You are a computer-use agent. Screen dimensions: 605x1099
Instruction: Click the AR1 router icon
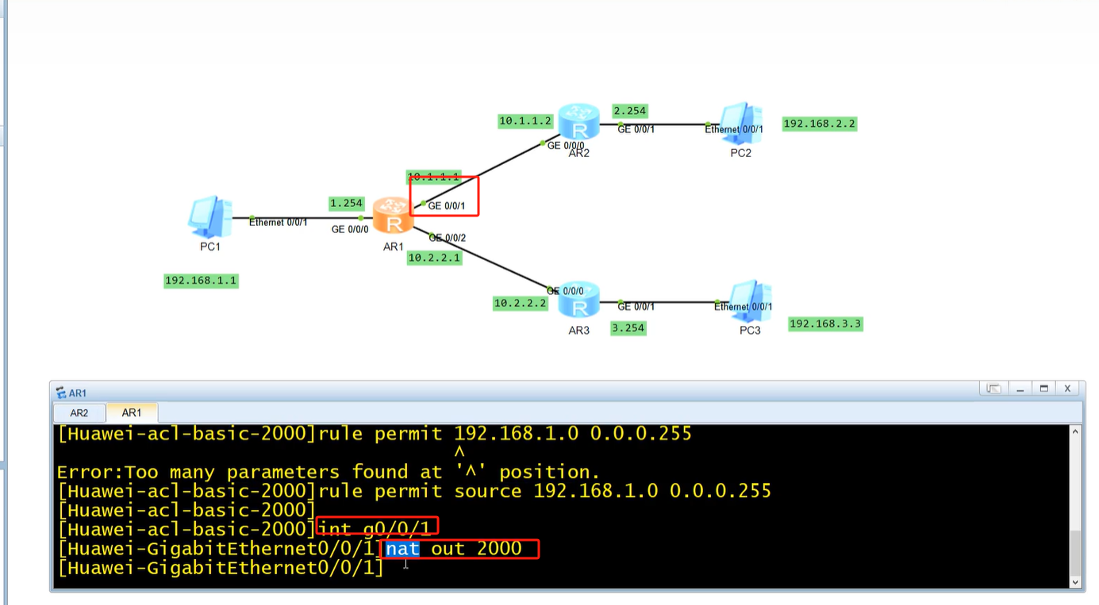point(394,216)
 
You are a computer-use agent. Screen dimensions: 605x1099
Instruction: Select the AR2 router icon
point(578,122)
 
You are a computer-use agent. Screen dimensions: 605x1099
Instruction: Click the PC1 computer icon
point(210,217)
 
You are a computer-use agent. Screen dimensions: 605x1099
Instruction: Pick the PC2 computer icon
point(741,124)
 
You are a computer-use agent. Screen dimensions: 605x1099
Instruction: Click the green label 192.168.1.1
point(201,281)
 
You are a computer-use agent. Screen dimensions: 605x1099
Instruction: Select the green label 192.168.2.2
point(820,124)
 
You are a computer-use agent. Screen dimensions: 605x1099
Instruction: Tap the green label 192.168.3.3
point(825,324)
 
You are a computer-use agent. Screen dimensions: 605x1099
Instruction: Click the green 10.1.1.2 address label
point(525,121)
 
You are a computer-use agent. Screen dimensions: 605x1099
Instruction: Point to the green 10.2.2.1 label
point(434,258)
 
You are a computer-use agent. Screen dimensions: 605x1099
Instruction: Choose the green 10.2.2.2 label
point(520,303)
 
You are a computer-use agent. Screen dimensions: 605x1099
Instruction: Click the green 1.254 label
point(347,203)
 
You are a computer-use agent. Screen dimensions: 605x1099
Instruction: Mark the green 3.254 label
point(628,327)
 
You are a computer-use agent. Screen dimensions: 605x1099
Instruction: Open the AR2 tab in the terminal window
point(79,413)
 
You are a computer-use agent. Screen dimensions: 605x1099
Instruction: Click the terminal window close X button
point(1067,389)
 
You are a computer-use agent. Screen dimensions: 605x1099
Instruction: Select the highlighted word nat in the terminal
point(402,549)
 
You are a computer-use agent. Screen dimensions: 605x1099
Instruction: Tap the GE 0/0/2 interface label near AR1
point(448,238)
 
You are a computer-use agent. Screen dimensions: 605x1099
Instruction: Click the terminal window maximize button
point(1044,389)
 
